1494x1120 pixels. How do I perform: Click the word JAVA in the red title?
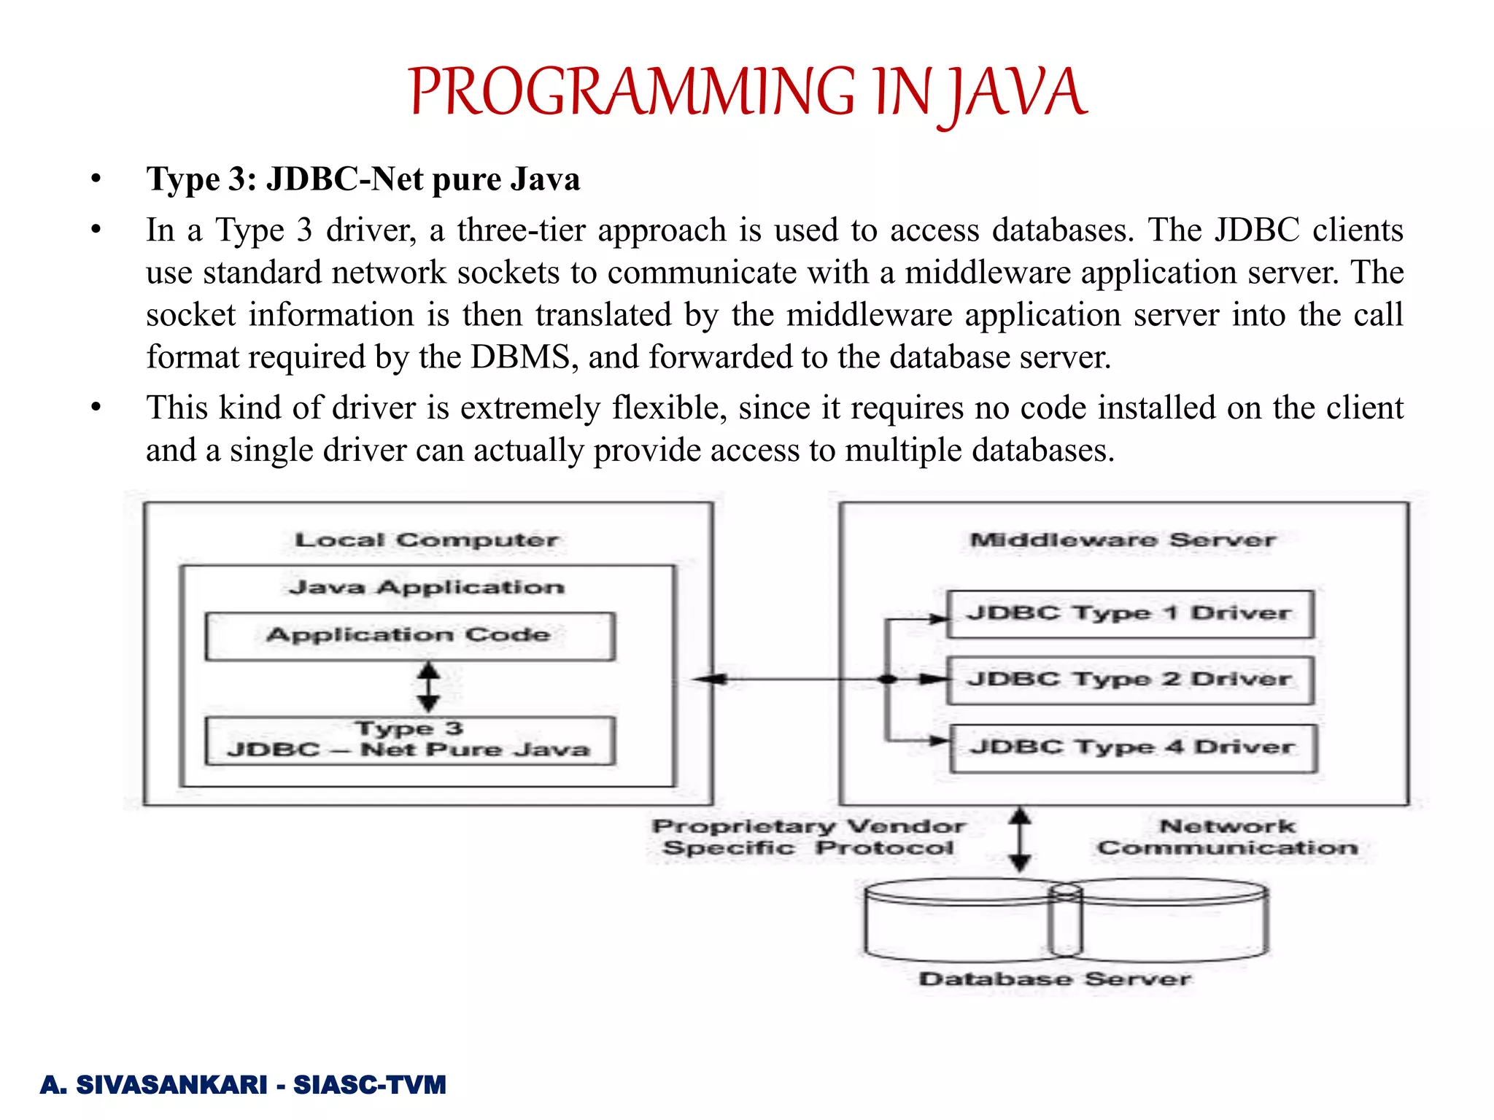(1018, 93)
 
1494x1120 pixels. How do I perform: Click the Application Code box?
(409, 636)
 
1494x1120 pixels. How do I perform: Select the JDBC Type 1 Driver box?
(1129, 614)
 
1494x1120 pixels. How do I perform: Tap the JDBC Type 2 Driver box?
(1129, 680)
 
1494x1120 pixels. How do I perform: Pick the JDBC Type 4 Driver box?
(1132, 747)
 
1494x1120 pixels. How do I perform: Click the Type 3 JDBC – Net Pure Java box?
(409, 740)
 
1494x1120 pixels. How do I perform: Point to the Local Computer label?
(426, 540)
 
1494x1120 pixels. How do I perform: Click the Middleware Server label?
(1123, 540)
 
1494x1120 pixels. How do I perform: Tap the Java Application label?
(426, 588)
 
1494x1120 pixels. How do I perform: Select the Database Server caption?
(1054, 979)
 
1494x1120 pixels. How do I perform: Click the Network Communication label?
(1228, 837)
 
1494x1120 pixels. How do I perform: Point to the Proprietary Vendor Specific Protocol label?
(808, 837)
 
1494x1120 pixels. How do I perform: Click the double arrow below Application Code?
(428, 687)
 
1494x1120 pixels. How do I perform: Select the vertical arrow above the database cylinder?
(1020, 839)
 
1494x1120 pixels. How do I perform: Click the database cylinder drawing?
(1065, 920)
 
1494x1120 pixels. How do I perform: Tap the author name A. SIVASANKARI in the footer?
(154, 1085)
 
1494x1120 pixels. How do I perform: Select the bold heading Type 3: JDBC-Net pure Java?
(363, 179)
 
